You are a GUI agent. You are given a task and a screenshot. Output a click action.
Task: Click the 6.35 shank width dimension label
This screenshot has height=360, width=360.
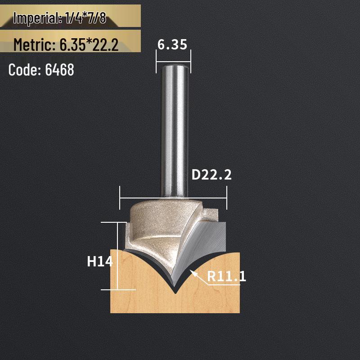(172, 44)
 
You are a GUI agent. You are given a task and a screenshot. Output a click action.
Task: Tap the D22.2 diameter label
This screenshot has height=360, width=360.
(211, 175)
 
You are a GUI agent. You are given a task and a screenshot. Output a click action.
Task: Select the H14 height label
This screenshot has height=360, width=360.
(99, 261)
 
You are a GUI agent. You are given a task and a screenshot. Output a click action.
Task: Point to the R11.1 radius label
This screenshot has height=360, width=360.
(226, 276)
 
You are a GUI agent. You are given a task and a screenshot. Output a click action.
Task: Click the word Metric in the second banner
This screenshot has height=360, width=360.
(33, 45)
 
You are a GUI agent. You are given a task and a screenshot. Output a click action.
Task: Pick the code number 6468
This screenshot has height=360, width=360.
(59, 70)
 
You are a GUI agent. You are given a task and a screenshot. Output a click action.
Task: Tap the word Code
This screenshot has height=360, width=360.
(24, 70)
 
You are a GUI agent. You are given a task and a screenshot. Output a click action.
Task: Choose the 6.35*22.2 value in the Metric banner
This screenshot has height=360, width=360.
(88, 45)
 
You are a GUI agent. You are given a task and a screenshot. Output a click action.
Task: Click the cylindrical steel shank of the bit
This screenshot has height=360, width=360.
(173, 130)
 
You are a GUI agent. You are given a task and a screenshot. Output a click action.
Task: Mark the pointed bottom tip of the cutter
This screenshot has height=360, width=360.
(175, 292)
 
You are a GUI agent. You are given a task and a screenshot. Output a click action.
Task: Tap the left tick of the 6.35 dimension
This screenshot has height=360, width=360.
(156, 61)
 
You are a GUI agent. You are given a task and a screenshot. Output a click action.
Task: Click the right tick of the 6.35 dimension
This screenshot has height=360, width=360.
(191, 61)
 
